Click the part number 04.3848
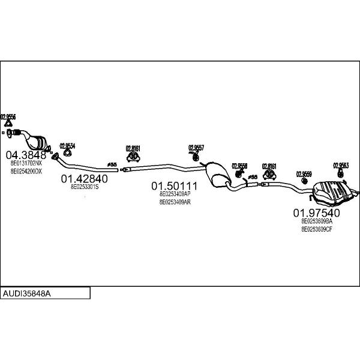coord(26,154)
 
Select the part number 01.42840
coord(84,178)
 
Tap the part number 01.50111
coord(174,186)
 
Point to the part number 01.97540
coord(316,213)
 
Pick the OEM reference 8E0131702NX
coord(26,163)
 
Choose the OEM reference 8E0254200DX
coord(26,171)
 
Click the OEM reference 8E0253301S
coord(84,187)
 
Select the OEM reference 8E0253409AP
coord(175,194)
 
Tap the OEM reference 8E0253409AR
coord(175,202)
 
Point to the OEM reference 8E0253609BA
coord(316,221)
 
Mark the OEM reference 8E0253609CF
coord(316,229)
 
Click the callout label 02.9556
coord(8,116)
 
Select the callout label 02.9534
coord(67,146)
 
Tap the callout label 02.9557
coord(196,147)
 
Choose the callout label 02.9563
coord(341,165)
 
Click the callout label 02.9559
coord(304,174)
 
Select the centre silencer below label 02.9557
coord(217,173)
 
